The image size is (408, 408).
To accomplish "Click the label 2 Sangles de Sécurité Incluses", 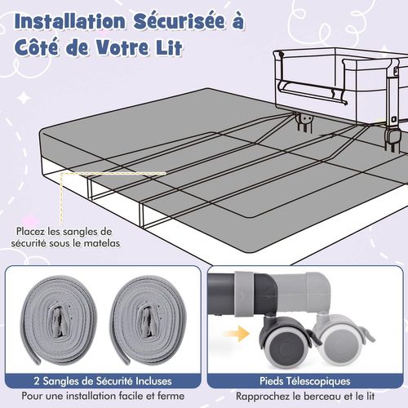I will coord(104,380).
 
